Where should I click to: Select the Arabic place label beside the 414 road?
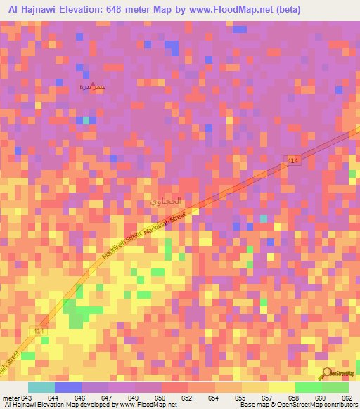coord(167,201)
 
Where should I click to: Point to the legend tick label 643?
coord(27,398)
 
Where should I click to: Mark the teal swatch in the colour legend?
coord(41,387)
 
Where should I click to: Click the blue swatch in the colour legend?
coord(68,387)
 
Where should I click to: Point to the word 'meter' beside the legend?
coord(10,398)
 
